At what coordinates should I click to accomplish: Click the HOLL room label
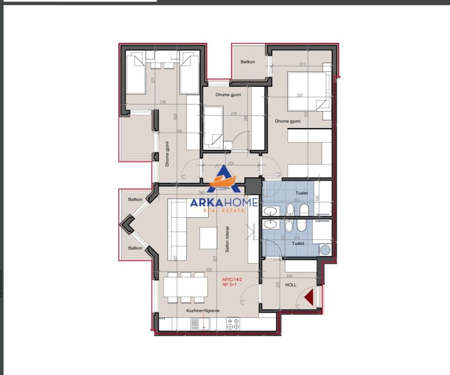[291, 285]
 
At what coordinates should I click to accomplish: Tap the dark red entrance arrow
[309, 297]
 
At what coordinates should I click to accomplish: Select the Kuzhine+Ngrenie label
[202, 310]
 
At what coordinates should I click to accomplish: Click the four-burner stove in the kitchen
[233, 322]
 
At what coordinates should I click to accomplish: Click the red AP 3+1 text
[230, 284]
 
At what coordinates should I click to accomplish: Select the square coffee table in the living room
[209, 238]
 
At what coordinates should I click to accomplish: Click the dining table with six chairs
[185, 288]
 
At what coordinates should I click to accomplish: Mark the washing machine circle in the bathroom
[325, 250]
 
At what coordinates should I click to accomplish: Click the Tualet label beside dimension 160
[302, 193]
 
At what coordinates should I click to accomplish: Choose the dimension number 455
[209, 269]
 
